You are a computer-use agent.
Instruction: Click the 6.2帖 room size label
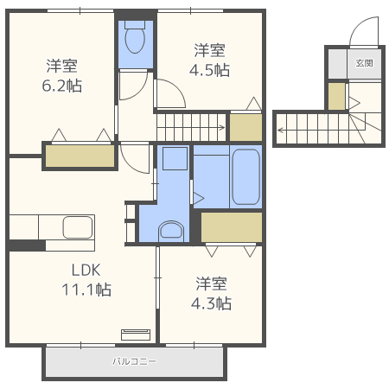[x=62, y=86]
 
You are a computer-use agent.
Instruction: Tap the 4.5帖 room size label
[x=209, y=70]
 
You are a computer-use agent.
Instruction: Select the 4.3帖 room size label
[x=211, y=303]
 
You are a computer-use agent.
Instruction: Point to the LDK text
[x=86, y=271]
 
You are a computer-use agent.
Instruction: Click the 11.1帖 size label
[x=86, y=290]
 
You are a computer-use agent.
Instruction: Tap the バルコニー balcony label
[x=134, y=361]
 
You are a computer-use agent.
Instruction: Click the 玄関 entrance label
[x=365, y=63]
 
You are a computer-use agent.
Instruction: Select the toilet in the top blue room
[x=135, y=37]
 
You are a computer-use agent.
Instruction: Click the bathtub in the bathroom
[x=246, y=176]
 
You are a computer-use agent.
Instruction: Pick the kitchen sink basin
[x=78, y=227]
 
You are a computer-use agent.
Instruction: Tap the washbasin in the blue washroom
[x=171, y=232]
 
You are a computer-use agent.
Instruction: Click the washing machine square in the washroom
[x=175, y=159]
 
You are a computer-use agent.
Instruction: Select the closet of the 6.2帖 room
[x=80, y=156]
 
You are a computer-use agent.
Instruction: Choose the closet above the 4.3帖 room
[x=232, y=227]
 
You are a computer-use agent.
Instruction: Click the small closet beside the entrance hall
[x=336, y=97]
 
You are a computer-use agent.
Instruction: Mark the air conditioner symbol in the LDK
[x=136, y=335]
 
